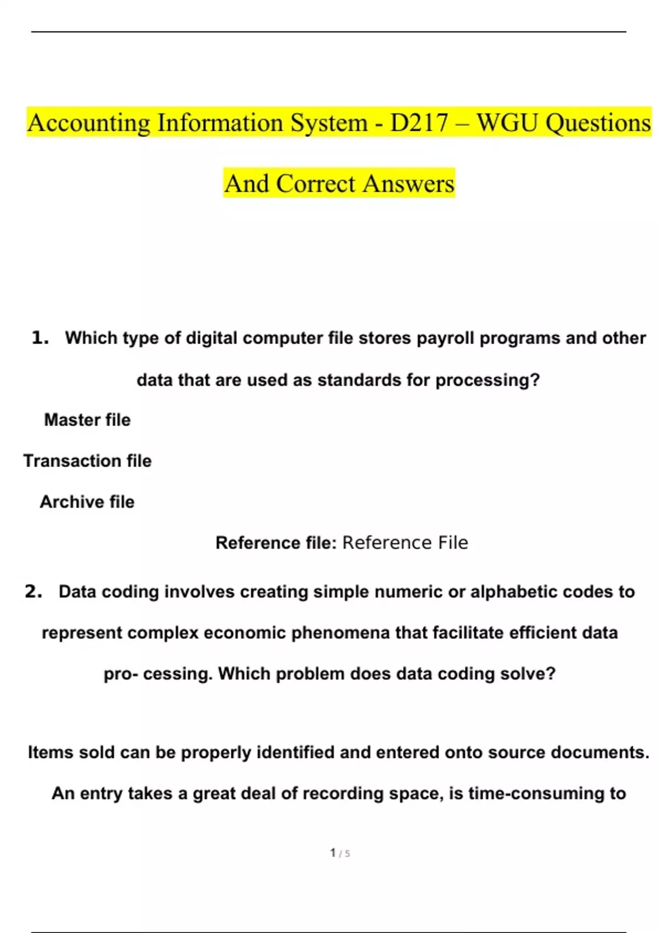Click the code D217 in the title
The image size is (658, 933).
[x=419, y=123]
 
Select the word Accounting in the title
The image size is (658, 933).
[x=89, y=123]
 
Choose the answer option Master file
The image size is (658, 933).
[x=87, y=420]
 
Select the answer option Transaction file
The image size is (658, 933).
[x=87, y=461]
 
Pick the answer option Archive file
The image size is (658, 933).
[x=87, y=502]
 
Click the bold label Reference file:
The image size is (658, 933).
[x=276, y=543]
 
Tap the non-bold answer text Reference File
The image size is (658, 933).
[x=405, y=543]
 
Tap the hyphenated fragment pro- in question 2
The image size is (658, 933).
[x=121, y=674]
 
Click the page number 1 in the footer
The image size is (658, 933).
[x=333, y=852]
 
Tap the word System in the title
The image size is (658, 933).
[x=329, y=123]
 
